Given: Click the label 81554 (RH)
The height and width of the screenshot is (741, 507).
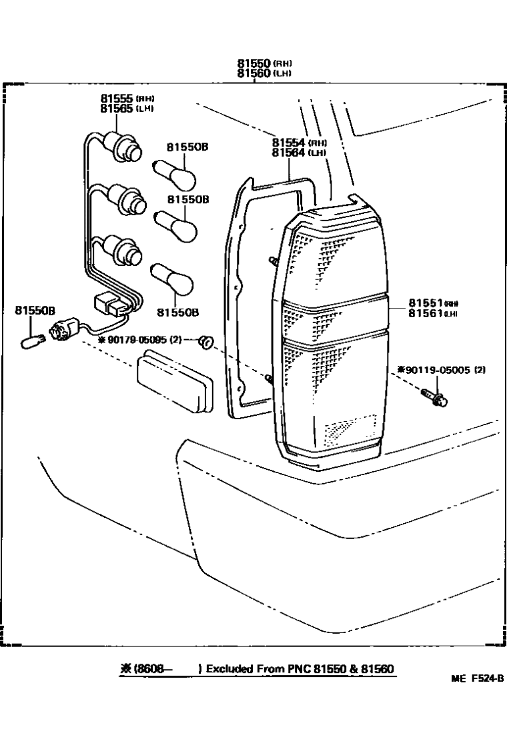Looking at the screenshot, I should click(290, 143).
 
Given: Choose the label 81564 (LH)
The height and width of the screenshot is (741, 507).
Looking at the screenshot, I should click(290, 153).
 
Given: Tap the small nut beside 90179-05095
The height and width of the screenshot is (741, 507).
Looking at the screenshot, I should click(207, 343).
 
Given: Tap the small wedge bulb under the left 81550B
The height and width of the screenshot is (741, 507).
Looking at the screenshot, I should click(30, 343).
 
